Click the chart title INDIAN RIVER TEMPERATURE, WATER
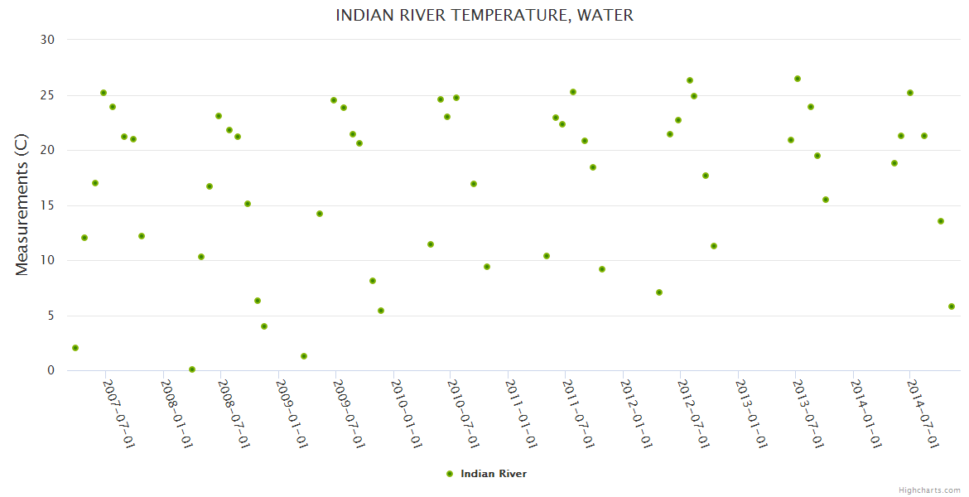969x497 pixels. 485,16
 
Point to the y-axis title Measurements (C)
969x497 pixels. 22,205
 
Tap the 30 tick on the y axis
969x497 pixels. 47,40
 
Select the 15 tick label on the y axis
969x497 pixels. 47,205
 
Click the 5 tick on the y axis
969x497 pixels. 51,316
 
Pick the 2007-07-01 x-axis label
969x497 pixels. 118,414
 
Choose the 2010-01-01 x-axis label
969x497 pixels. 406,414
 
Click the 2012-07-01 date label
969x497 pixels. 693,414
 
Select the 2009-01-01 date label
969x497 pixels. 291,414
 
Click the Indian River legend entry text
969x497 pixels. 494,474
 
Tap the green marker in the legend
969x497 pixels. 450,474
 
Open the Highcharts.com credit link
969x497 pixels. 929,490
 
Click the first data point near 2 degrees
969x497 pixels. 75,348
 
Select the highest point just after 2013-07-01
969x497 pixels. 798,79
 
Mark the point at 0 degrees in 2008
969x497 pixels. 192,369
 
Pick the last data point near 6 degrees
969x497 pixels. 952,306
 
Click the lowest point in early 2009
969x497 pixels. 304,356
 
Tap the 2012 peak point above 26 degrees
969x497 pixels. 690,80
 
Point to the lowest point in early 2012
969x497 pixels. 659,292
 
